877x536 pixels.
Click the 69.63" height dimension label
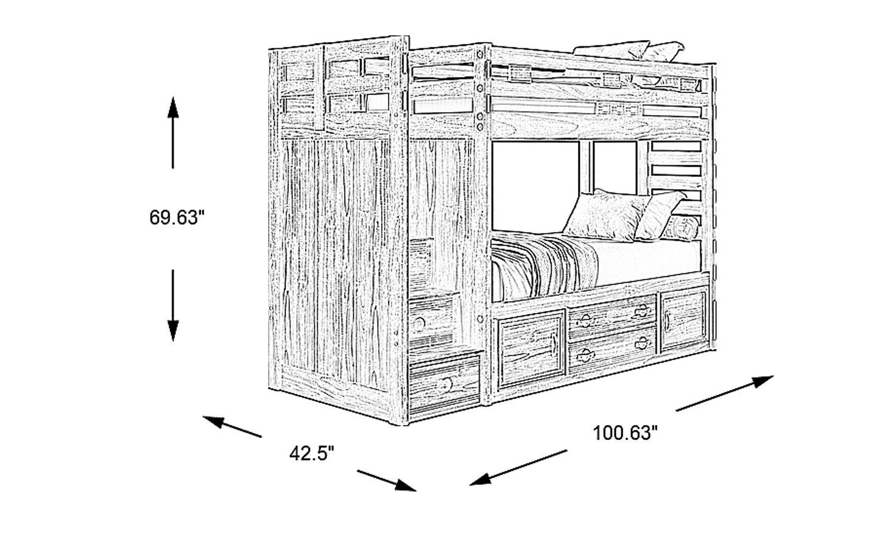(x=174, y=217)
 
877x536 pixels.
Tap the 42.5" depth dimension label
(x=311, y=454)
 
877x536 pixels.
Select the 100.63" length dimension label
(x=625, y=433)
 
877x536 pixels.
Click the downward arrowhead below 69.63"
(x=174, y=331)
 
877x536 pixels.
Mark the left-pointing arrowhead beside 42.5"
(x=212, y=421)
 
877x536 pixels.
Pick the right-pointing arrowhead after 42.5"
(x=406, y=486)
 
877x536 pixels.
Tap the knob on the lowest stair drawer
(x=446, y=384)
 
